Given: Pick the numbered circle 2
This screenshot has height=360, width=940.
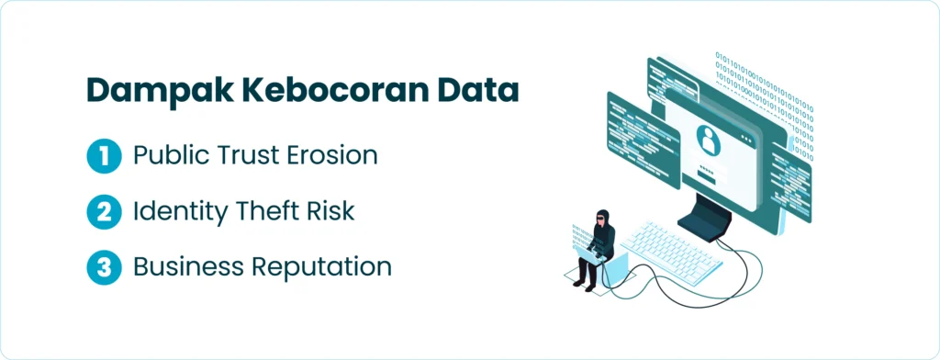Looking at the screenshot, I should coord(105,212).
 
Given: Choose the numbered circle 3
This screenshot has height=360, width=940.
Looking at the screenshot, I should coord(105,267).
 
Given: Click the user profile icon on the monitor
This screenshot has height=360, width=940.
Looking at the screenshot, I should coord(709,139).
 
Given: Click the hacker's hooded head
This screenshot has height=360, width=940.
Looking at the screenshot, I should coord(602,218).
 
